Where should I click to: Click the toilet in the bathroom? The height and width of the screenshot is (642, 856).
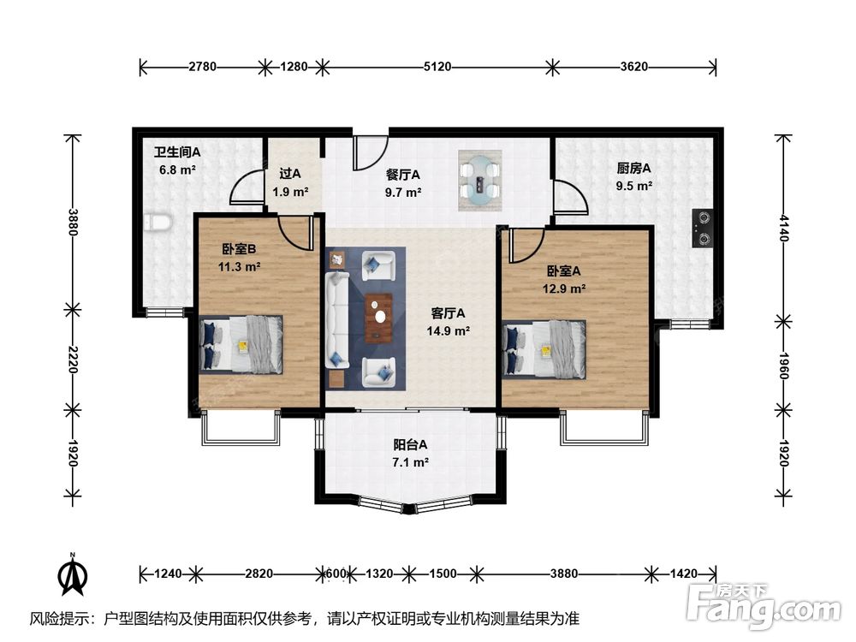158,223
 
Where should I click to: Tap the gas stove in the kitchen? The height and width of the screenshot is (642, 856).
702,229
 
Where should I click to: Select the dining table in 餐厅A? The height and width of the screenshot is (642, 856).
480,180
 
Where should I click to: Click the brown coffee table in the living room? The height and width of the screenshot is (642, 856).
379,318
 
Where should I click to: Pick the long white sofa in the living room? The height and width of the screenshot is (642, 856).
337,320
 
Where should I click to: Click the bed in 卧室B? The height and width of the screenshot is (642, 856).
241,344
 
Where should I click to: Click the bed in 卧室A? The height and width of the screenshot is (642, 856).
544,348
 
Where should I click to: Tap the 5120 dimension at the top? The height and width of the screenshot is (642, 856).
437,67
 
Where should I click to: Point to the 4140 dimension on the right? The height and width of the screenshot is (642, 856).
784,228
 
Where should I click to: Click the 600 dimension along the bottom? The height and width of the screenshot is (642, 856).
336,574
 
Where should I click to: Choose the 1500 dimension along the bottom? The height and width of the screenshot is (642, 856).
443,574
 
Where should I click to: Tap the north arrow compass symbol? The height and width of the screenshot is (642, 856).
73,574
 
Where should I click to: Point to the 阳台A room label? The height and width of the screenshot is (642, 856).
410,445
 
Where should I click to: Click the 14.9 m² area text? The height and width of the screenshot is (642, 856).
449,330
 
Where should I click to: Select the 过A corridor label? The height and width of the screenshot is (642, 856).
290,174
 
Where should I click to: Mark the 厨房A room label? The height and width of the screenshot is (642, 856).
633,169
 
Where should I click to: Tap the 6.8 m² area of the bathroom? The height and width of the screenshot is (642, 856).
177,169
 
